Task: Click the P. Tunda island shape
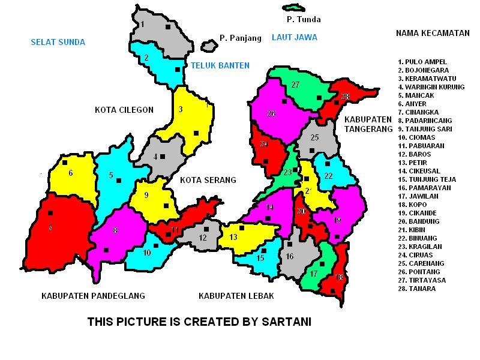coord(293,8)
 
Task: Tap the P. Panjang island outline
coord(208,46)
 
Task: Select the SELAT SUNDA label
coord(58,42)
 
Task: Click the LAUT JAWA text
coord(294,37)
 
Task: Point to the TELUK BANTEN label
coord(220,65)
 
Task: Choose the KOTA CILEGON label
coord(124,110)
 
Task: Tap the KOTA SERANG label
coord(208,180)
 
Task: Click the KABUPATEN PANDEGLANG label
coord(93,296)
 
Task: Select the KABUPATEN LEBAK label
coord(236,296)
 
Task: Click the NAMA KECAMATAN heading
coord(432,33)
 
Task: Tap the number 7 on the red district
coord(50,228)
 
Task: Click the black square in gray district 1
coord(168,27)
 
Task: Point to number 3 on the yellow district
coord(181,109)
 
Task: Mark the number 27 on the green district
coord(295,85)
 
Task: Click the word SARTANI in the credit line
coord(286,322)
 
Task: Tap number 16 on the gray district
coord(289,256)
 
